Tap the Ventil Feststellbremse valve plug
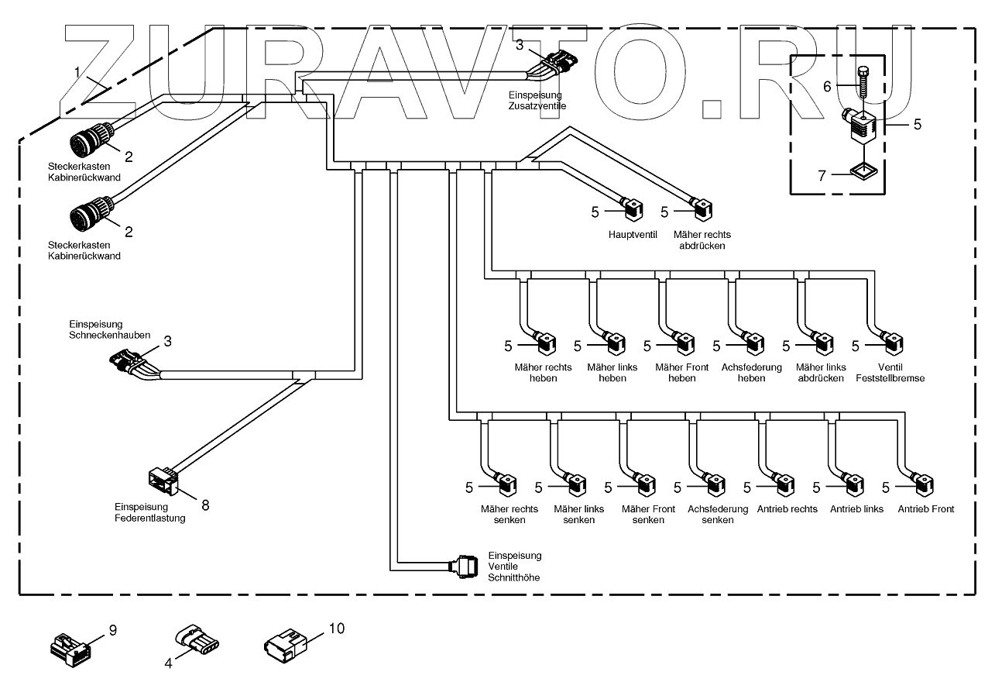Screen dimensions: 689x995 point(894,341)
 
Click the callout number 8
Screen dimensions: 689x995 point(205,505)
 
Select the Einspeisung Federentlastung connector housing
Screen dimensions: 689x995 point(165,481)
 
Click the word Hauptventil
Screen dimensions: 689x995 point(633,234)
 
